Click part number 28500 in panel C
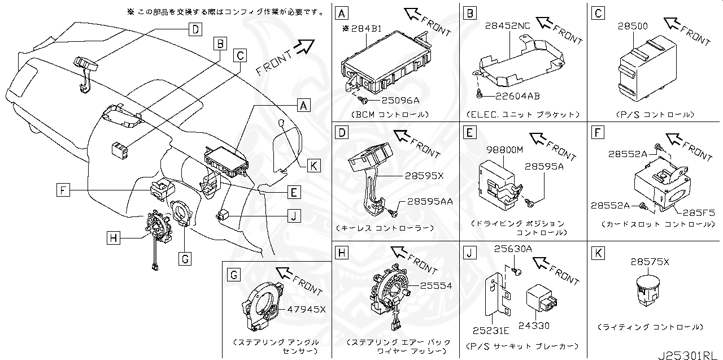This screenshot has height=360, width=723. pyautogui.click(x=633, y=26)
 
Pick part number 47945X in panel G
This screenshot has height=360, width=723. pyautogui.click(x=307, y=309)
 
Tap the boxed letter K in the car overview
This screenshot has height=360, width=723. pyautogui.click(x=314, y=166)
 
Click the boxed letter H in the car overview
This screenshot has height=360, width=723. pyautogui.click(x=114, y=238)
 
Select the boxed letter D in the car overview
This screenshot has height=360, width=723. pyautogui.click(x=194, y=30)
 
